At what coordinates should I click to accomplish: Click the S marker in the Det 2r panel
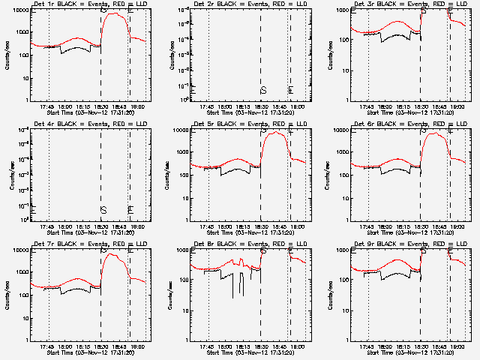263,90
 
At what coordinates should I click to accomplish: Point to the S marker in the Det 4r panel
103,209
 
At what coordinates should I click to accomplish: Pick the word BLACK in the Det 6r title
381,124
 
